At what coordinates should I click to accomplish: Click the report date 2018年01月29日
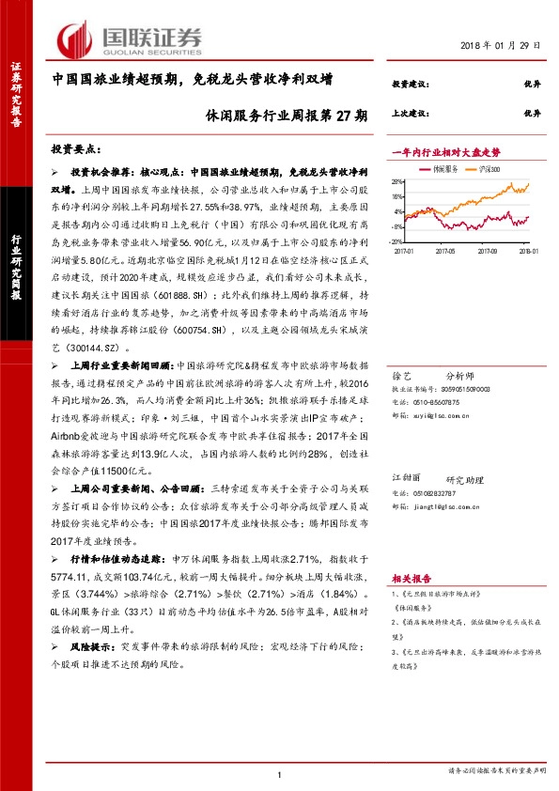click(500, 46)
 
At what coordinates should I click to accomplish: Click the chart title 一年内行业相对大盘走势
click(446, 151)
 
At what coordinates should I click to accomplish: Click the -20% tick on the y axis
click(398, 240)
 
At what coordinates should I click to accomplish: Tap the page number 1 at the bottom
click(280, 774)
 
